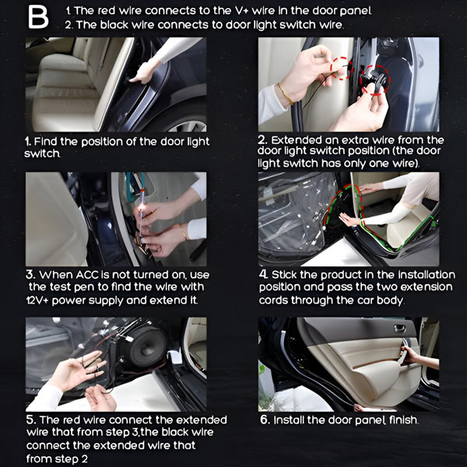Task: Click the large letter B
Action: (38, 18)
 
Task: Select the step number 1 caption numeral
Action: (28, 141)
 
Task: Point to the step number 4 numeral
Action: (263, 274)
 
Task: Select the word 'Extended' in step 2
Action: (297, 140)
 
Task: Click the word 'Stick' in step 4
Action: (284, 274)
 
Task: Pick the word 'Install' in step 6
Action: (289, 420)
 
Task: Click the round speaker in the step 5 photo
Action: (147, 347)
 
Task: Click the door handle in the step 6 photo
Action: (400, 328)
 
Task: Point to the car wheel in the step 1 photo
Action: (187, 123)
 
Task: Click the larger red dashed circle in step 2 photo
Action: (374, 80)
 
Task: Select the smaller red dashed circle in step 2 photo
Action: (342, 68)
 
